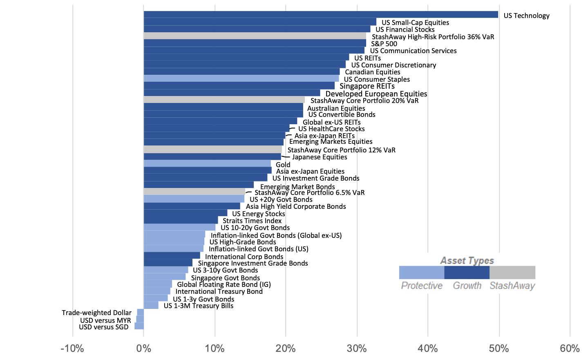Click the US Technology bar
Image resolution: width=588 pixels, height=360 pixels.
click(321, 15)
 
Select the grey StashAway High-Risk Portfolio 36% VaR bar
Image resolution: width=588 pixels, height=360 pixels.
click(255, 36)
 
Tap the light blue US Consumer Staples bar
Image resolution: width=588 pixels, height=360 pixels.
click(241, 78)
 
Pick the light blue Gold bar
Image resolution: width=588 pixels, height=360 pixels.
click(207, 163)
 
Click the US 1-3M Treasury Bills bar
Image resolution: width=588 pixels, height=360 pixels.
click(151, 305)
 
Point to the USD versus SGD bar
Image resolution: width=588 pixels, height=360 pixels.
click(139, 326)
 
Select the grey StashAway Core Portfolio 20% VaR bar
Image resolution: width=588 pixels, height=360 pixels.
click(224, 100)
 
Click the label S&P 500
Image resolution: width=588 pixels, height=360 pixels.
click(384, 44)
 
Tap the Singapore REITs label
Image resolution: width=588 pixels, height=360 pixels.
click(367, 86)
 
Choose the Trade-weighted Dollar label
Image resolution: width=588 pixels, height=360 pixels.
click(96, 313)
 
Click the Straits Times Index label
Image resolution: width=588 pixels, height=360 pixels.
click(252, 221)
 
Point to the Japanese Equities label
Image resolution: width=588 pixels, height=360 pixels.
click(319, 157)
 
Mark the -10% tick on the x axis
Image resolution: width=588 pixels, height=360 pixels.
click(72, 349)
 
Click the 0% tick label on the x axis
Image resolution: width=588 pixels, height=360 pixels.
click(143, 349)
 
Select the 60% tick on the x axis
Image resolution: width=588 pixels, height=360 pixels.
click(570, 349)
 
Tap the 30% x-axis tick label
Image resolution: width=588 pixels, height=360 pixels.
click(357, 349)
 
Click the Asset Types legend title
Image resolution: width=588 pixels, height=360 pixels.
click(467, 260)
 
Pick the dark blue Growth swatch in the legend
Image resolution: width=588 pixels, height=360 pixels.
click(467, 273)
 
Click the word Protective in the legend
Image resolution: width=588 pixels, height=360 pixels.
click(421, 286)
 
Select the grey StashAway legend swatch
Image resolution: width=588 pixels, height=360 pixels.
click(512, 273)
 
